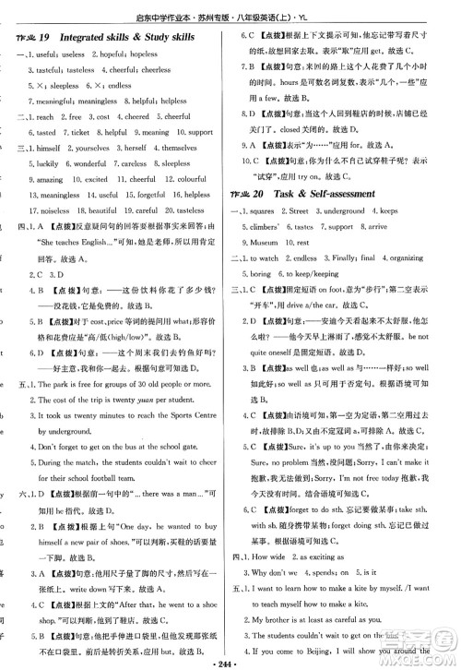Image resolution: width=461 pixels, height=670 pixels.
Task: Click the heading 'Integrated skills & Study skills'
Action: click(136, 36)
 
